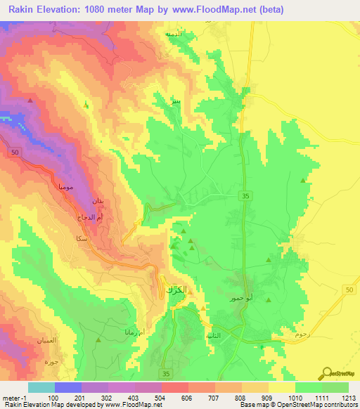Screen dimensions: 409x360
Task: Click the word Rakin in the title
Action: (22, 11)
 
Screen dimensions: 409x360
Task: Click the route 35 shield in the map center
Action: (244, 196)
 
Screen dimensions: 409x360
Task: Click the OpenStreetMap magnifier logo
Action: (327, 373)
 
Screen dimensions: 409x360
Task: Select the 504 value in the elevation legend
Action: (159, 398)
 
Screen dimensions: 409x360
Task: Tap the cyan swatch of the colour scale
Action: (41, 387)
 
